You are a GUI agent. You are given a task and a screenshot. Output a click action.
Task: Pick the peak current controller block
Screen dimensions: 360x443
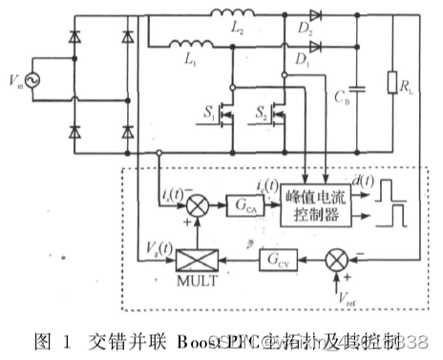[316, 204]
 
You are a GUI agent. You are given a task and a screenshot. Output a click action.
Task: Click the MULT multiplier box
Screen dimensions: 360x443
[197, 259]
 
